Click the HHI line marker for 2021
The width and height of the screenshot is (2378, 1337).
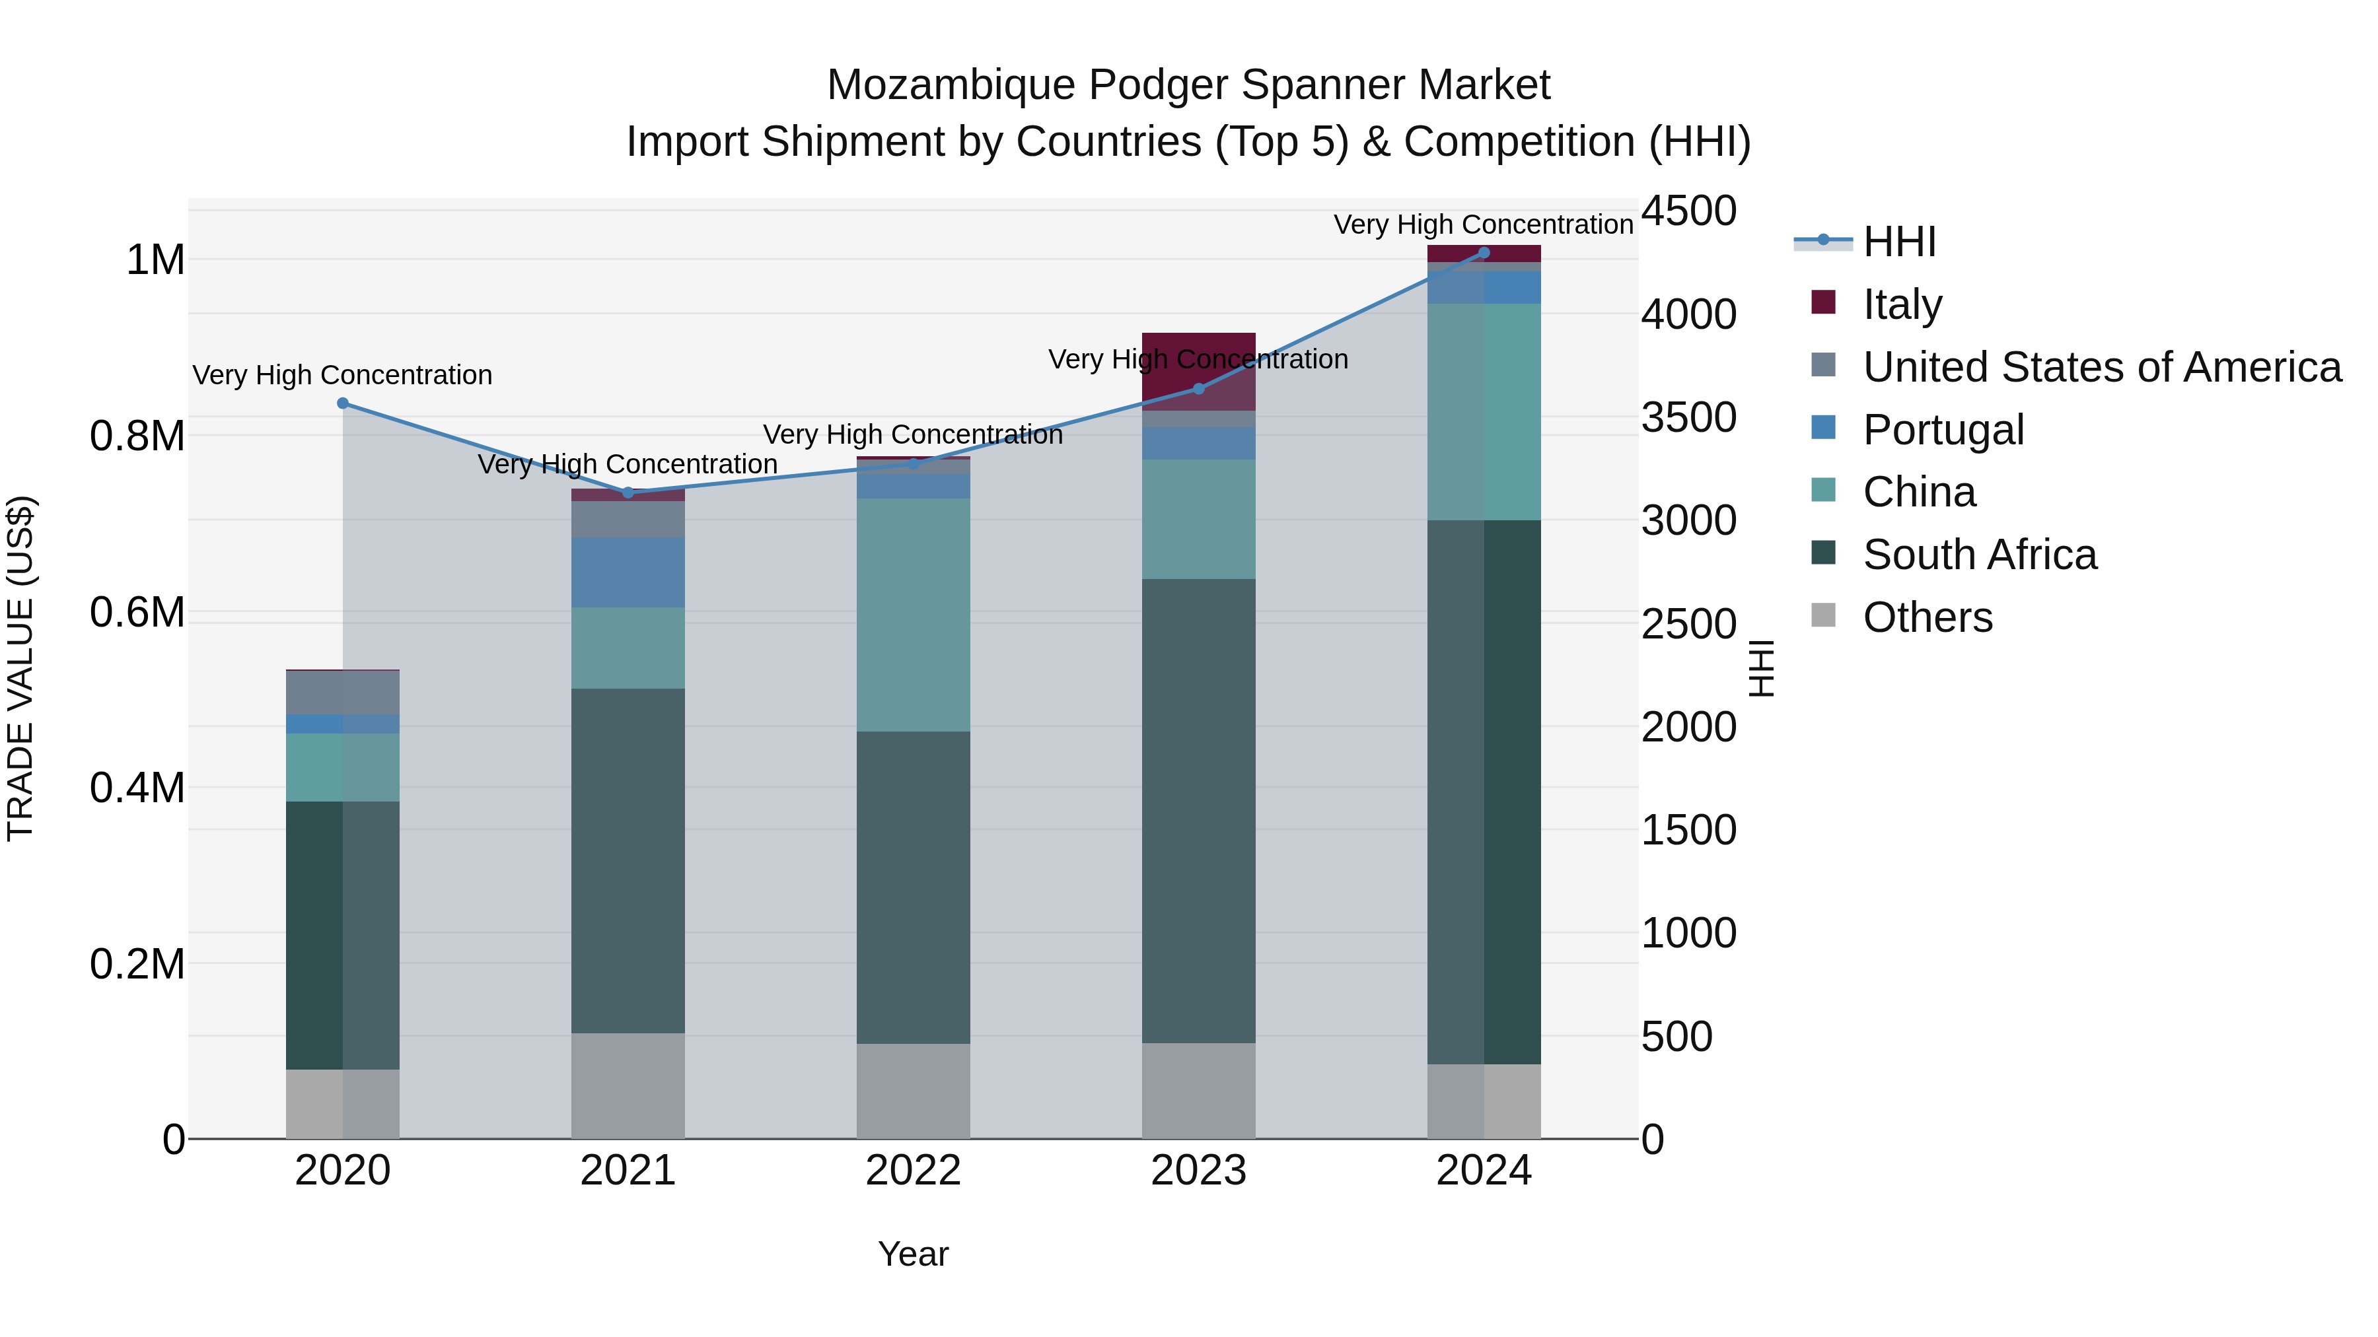(x=628, y=493)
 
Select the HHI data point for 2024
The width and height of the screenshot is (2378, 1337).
(x=1484, y=253)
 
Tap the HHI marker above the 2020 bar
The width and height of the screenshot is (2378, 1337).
(x=342, y=403)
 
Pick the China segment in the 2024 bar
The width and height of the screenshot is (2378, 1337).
(x=1484, y=411)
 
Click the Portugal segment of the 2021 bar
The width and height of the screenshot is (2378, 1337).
(x=628, y=572)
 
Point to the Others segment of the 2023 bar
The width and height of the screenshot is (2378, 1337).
(x=1198, y=1091)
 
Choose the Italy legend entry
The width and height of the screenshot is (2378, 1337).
(x=1902, y=304)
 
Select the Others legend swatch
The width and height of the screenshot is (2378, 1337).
(x=1823, y=615)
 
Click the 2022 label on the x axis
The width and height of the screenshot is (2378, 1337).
(x=913, y=1171)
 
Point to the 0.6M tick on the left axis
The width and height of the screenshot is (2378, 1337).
(x=137, y=613)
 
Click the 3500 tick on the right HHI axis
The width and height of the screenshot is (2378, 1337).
(x=1688, y=417)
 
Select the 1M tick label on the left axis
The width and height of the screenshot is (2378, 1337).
(x=155, y=260)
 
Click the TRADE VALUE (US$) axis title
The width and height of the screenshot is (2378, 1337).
(x=21, y=668)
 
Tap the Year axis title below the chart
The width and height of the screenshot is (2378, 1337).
(x=913, y=1254)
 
